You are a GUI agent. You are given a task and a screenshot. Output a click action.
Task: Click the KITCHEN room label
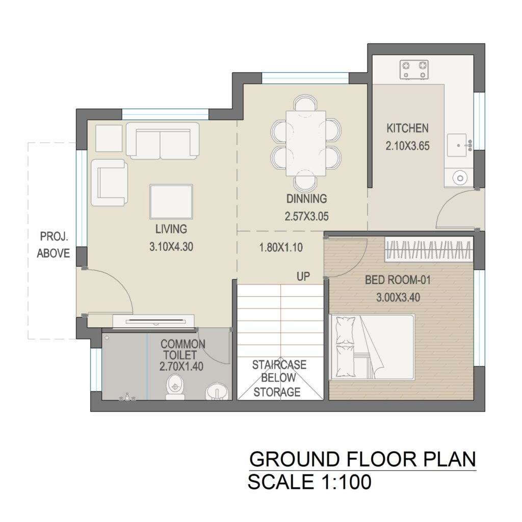(x=407, y=128)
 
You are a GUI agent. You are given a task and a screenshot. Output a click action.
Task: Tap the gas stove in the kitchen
(x=414, y=69)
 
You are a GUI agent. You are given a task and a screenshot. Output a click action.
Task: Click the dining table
(x=306, y=143)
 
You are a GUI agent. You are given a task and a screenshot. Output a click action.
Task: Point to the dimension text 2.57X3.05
(x=306, y=216)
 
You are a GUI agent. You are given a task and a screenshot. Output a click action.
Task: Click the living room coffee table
(x=171, y=201)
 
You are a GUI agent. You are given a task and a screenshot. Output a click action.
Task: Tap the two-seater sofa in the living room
(x=163, y=141)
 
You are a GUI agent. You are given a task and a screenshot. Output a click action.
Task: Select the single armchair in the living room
(x=110, y=182)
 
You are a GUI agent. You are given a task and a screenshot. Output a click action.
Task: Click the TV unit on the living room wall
(x=153, y=321)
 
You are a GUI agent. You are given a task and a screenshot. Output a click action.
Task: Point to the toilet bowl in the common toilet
(x=175, y=387)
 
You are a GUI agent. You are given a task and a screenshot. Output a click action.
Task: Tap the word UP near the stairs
(x=303, y=276)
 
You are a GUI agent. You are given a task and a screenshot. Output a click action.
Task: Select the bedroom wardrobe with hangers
(x=429, y=249)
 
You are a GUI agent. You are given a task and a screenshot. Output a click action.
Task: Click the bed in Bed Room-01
(x=372, y=347)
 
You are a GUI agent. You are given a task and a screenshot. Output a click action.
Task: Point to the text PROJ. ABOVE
(x=53, y=245)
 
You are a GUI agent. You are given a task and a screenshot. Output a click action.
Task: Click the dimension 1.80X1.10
(x=281, y=247)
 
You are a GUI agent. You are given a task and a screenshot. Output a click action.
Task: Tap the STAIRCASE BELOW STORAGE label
(x=279, y=379)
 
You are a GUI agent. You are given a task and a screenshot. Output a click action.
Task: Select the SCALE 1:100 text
(x=309, y=481)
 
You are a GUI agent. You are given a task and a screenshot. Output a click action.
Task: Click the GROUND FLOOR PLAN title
(x=363, y=459)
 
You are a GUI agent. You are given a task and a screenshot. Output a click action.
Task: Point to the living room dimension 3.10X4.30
(x=171, y=247)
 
